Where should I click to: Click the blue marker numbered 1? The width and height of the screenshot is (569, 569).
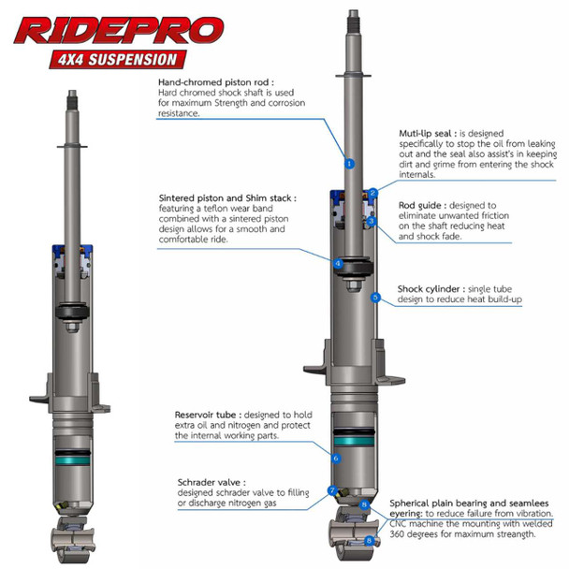349,163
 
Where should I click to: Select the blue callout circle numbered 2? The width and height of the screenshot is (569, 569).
372,193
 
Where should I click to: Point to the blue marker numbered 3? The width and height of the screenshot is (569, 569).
372,223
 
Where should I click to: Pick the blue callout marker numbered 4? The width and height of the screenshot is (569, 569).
338,264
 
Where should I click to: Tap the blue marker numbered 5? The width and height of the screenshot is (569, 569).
375,298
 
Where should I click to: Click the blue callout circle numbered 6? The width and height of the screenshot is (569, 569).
335,459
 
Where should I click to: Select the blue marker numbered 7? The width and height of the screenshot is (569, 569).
331,490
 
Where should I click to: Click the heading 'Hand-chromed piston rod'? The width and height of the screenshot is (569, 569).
216,82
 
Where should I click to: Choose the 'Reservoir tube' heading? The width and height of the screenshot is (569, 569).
212,413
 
